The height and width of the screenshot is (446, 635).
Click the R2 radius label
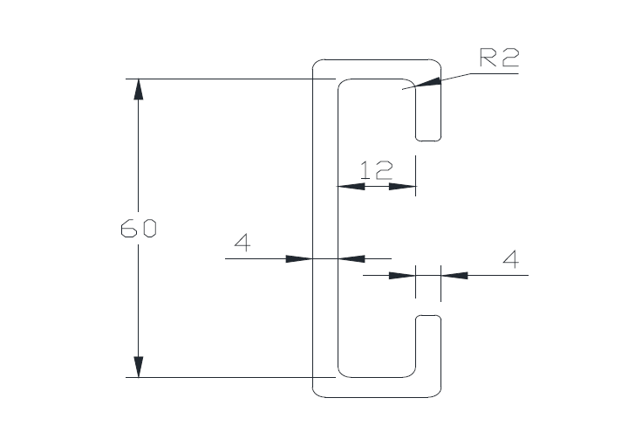499,58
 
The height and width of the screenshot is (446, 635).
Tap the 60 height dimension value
138,230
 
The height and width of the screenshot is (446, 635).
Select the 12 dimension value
376,170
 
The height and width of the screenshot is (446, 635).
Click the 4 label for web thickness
242,244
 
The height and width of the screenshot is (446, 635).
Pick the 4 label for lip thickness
511,259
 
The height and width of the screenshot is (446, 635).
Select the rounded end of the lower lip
427,319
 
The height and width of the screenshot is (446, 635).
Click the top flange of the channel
375,70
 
